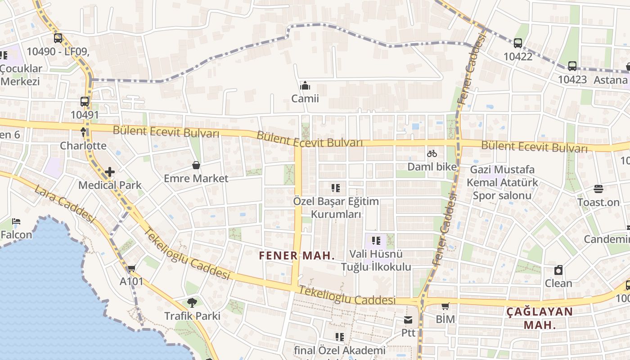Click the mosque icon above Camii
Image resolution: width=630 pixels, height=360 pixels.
click(x=305, y=85)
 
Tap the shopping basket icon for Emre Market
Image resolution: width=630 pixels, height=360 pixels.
click(x=196, y=166)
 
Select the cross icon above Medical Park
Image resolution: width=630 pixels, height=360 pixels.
click(x=110, y=172)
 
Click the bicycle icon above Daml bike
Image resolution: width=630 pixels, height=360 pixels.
click(x=432, y=154)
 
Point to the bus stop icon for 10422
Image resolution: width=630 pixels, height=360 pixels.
click(x=518, y=43)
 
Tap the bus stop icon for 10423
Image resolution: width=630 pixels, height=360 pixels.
click(x=572, y=66)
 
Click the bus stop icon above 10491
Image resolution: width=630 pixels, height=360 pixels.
click(x=85, y=102)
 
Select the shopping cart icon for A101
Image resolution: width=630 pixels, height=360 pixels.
click(x=131, y=269)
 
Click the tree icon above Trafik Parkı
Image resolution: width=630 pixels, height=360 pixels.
click(x=192, y=303)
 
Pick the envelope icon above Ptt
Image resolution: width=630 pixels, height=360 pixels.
click(x=408, y=320)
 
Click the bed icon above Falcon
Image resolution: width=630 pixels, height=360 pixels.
click(x=16, y=221)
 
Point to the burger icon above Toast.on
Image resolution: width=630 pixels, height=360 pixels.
click(x=598, y=189)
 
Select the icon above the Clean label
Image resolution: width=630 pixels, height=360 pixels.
click(x=558, y=270)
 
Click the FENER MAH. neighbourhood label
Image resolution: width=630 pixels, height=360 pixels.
click(x=297, y=256)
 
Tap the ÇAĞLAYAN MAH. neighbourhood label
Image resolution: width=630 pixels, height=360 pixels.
click(x=540, y=318)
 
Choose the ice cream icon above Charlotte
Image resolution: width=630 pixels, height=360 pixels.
click(x=83, y=132)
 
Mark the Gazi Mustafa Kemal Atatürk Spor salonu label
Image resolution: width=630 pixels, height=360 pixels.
click(x=502, y=183)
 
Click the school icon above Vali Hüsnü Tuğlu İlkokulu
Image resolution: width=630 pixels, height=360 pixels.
click(x=377, y=241)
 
